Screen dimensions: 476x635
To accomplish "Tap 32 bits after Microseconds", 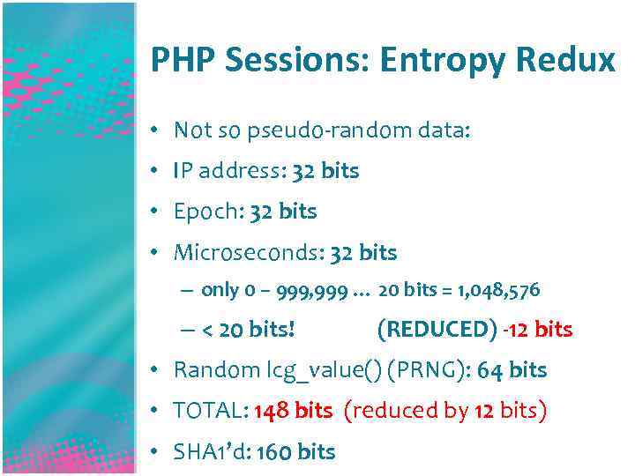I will click(x=363, y=253).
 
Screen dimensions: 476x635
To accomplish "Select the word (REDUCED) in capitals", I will click(x=437, y=330).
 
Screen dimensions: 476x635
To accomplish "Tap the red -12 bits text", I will click(x=537, y=330).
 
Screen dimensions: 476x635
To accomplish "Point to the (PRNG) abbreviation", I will click(x=426, y=370).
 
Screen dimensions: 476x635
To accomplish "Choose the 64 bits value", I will click(x=512, y=370).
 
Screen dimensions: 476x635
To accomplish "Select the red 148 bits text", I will click(x=293, y=411).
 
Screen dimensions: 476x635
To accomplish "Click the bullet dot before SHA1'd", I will click(x=153, y=451).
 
